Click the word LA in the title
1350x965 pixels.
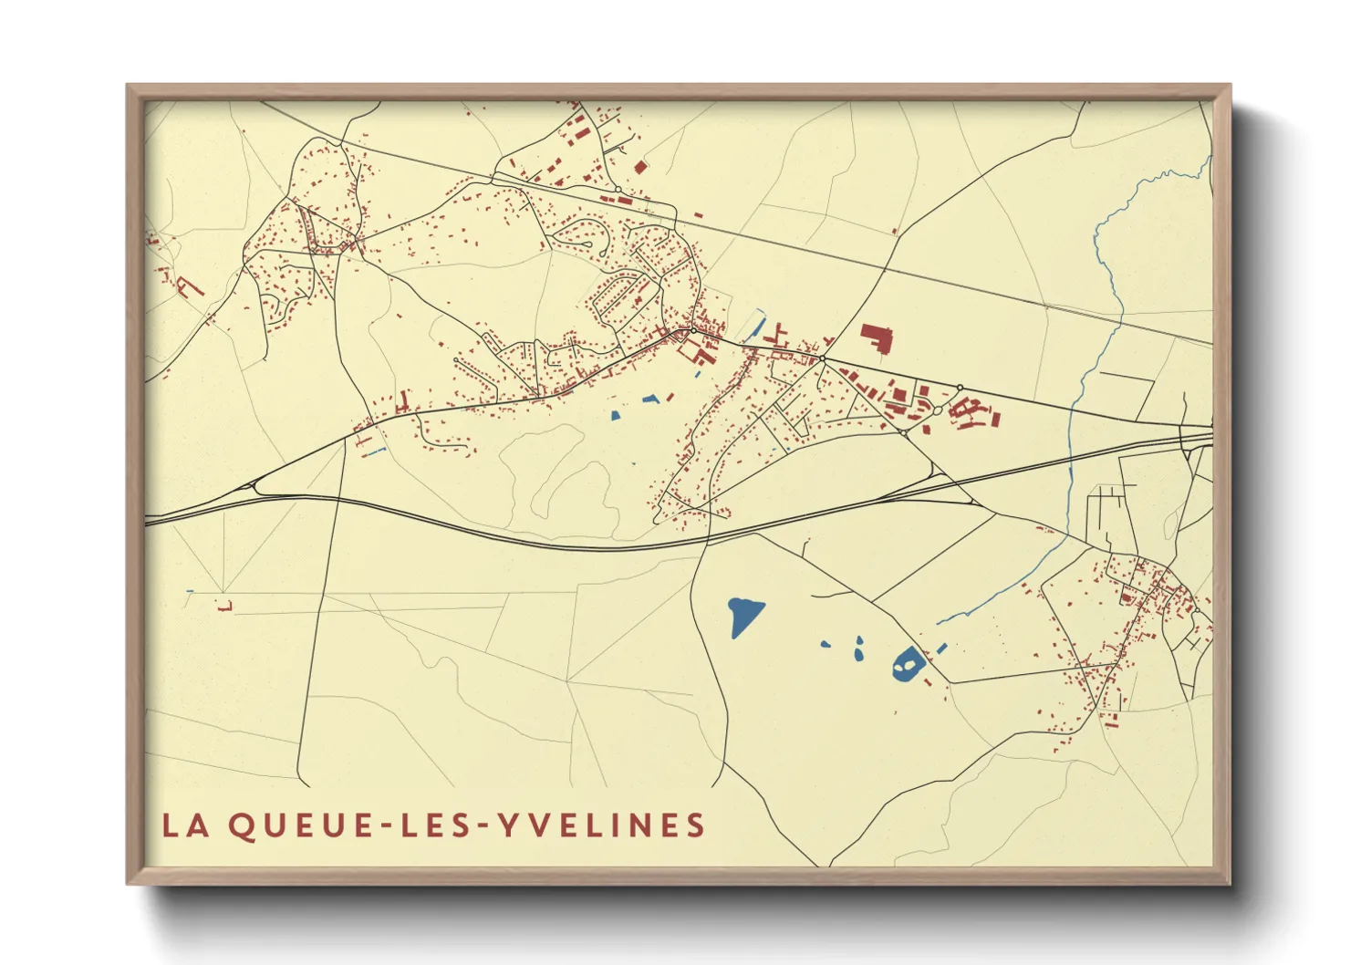(182, 825)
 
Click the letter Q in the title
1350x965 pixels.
(240, 825)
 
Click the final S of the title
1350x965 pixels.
(697, 825)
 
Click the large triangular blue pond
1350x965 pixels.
(744, 616)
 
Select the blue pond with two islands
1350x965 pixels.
(907, 663)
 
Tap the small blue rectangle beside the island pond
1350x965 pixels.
(941, 647)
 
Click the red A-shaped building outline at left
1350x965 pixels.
(189, 286)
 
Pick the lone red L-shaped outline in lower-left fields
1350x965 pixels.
(225, 605)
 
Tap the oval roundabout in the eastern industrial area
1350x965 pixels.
(935, 410)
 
